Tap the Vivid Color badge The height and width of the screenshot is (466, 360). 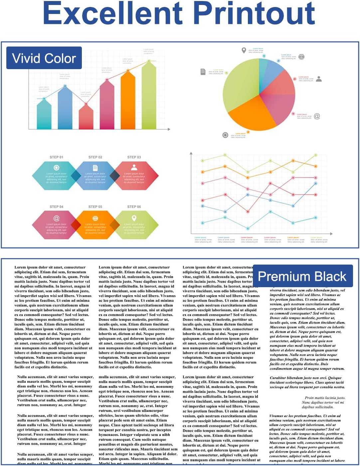click(x=44, y=58)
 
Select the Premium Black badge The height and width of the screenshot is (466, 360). click(x=302, y=276)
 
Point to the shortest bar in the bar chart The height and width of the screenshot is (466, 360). click(x=86, y=116)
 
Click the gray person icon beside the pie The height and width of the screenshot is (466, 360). click(x=319, y=79)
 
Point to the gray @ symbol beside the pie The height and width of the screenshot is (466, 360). click(x=317, y=116)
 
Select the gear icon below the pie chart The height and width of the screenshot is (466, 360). click(x=225, y=135)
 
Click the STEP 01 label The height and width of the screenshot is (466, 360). click(x=56, y=157)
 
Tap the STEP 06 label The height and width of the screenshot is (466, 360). click(x=134, y=207)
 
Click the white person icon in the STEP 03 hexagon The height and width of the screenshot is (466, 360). click(x=134, y=167)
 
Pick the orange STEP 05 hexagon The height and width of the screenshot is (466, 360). click(x=95, y=225)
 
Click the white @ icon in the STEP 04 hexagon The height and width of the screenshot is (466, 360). click(x=56, y=218)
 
